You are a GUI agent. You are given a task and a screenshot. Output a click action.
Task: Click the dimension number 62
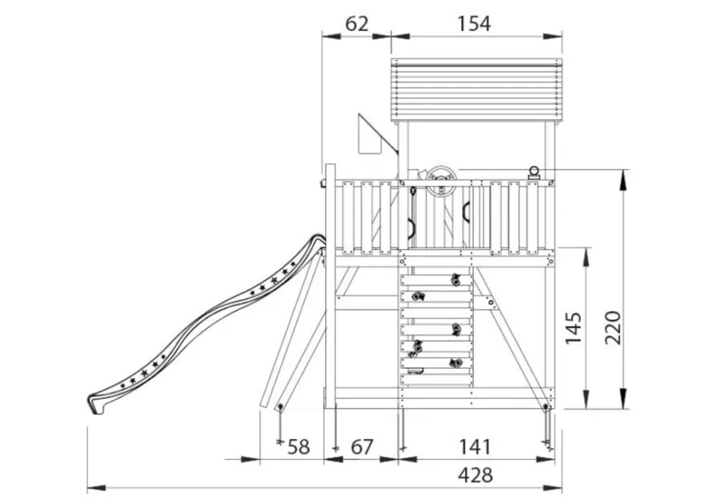(x=357, y=24)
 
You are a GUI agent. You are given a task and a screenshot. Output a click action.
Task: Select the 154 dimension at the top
(x=474, y=24)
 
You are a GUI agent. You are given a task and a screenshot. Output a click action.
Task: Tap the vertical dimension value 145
(x=574, y=327)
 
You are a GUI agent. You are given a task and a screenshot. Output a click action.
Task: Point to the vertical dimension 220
(x=613, y=327)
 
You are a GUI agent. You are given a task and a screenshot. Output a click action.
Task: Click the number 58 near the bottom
(x=298, y=447)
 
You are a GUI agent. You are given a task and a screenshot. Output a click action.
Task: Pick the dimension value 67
(x=361, y=447)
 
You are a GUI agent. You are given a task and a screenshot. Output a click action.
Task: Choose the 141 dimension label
(x=475, y=447)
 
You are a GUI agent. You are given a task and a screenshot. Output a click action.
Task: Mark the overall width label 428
(x=475, y=475)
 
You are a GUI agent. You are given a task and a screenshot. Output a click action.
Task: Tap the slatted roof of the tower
(x=476, y=91)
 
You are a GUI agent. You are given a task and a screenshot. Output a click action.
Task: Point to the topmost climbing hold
(x=456, y=279)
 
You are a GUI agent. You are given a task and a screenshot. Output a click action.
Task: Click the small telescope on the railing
(x=534, y=173)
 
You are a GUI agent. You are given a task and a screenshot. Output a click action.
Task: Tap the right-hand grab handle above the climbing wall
(x=466, y=212)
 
